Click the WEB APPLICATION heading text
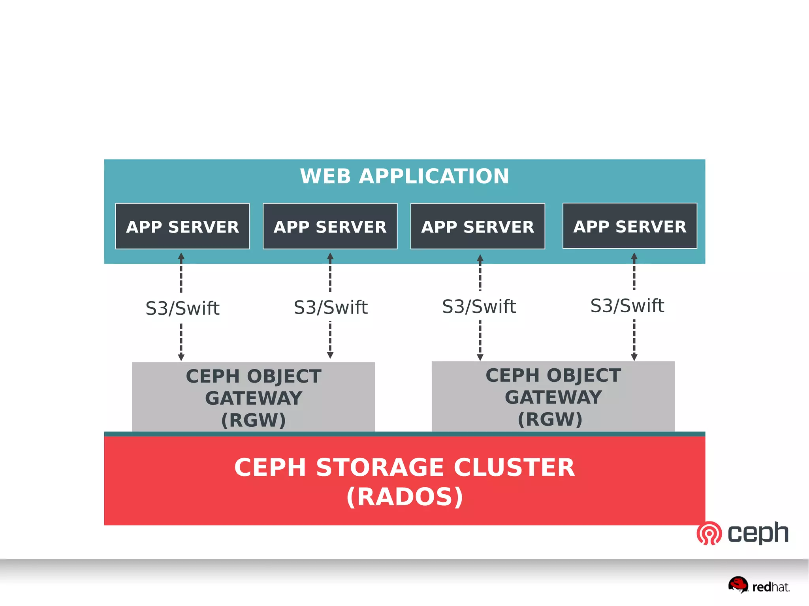pyautogui.click(x=404, y=176)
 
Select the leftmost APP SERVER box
pyautogui.click(x=182, y=226)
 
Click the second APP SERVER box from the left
pyautogui.click(x=330, y=226)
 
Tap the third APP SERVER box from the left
pyautogui.click(x=478, y=226)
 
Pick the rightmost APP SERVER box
pyautogui.click(x=630, y=226)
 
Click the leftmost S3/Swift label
pyautogui.click(x=182, y=308)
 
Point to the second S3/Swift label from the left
pyautogui.click(x=331, y=308)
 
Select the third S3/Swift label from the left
pyautogui.click(x=479, y=307)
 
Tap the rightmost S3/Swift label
pyautogui.click(x=627, y=306)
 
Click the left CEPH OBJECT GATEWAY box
pyautogui.click(x=253, y=397)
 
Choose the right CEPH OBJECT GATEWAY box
pyautogui.click(x=553, y=396)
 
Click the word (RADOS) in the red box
pyautogui.click(x=404, y=497)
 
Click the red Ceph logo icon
pyautogui.click(x=709, y=533)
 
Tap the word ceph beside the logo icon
pyautogui.click(x=758, y=533)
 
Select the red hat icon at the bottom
pyautogui.click(x=738, y=585)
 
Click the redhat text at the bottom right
pyautogui.click(x=770, y=587)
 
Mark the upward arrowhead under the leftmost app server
pyautogui.click(x=181, y=256)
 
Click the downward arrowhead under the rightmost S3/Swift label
pyautogui.click(x=634, y=357)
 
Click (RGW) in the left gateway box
pyautogui.click(x=253, y=420)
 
